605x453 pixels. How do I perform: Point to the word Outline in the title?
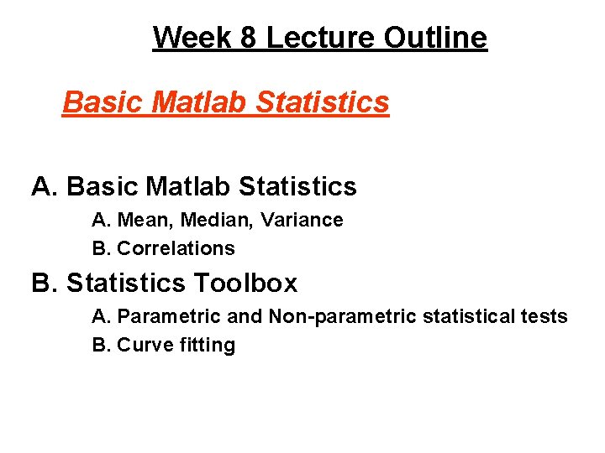click(436, 38)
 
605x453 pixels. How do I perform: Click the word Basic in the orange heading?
click(94, 102)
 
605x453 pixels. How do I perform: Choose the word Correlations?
click(176, 249)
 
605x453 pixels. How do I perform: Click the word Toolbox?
click(250, 284)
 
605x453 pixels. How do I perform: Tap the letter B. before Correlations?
click(102, 249)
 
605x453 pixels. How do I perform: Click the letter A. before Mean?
click(102, 221)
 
